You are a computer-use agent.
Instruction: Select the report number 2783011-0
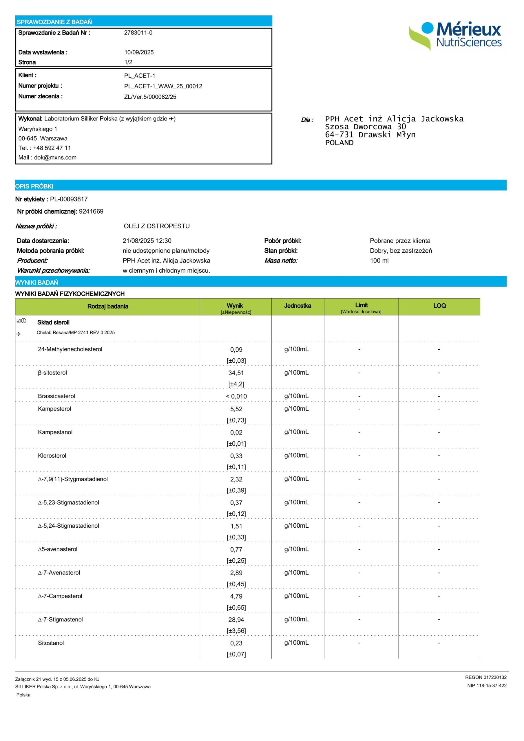click(x=138, y=33)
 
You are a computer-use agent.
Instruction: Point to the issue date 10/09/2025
click(x=139, y=52)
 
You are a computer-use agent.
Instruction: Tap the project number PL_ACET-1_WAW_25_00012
click(x=163, y=86)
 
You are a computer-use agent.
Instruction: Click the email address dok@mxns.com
click(x=55, y=157)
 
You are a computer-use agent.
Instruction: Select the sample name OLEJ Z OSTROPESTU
click(x=157, y=226)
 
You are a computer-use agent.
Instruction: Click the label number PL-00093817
click(x=69, y=199)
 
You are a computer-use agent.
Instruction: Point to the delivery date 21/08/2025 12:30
click(x=147, y=241)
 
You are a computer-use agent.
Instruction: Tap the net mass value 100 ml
click(x=379, y=261)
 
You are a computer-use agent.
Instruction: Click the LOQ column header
click(x=439, y=306)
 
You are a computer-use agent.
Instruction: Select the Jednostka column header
click(x=297, y=306)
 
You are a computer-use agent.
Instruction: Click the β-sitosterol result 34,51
click(x=236, y=373)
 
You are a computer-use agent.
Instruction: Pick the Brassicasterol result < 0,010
click(x=236, y=396)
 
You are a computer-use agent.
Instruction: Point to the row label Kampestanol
click(x=55, y=432)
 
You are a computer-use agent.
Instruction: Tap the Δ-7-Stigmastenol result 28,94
click(x=236, y=620)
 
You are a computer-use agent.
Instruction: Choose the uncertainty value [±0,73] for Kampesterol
click(x=236, y=420)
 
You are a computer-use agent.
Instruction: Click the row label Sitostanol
click(x=51, y=643)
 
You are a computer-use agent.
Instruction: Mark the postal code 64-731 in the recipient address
click(x=339, y=135)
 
